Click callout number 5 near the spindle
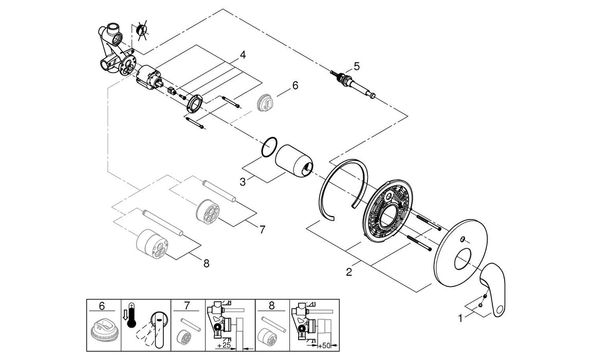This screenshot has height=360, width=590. tap(356, 66)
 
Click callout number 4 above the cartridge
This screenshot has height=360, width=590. tap(243, 55)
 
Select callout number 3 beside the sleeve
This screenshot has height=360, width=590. tap(243, 182)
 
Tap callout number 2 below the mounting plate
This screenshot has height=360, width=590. tap(349, 272)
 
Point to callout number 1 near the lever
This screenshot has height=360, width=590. tap(460, 318)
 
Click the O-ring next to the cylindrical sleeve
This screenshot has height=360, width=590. tap(269, 147)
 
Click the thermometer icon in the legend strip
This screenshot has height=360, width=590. tap(132, 315)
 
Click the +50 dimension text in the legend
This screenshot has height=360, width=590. tap(324, 346)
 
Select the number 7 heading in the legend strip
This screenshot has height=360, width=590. tap(188, 306)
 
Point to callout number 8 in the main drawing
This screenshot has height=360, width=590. tap(206, 263)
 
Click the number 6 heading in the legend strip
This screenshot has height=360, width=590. tap(102, 306)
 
